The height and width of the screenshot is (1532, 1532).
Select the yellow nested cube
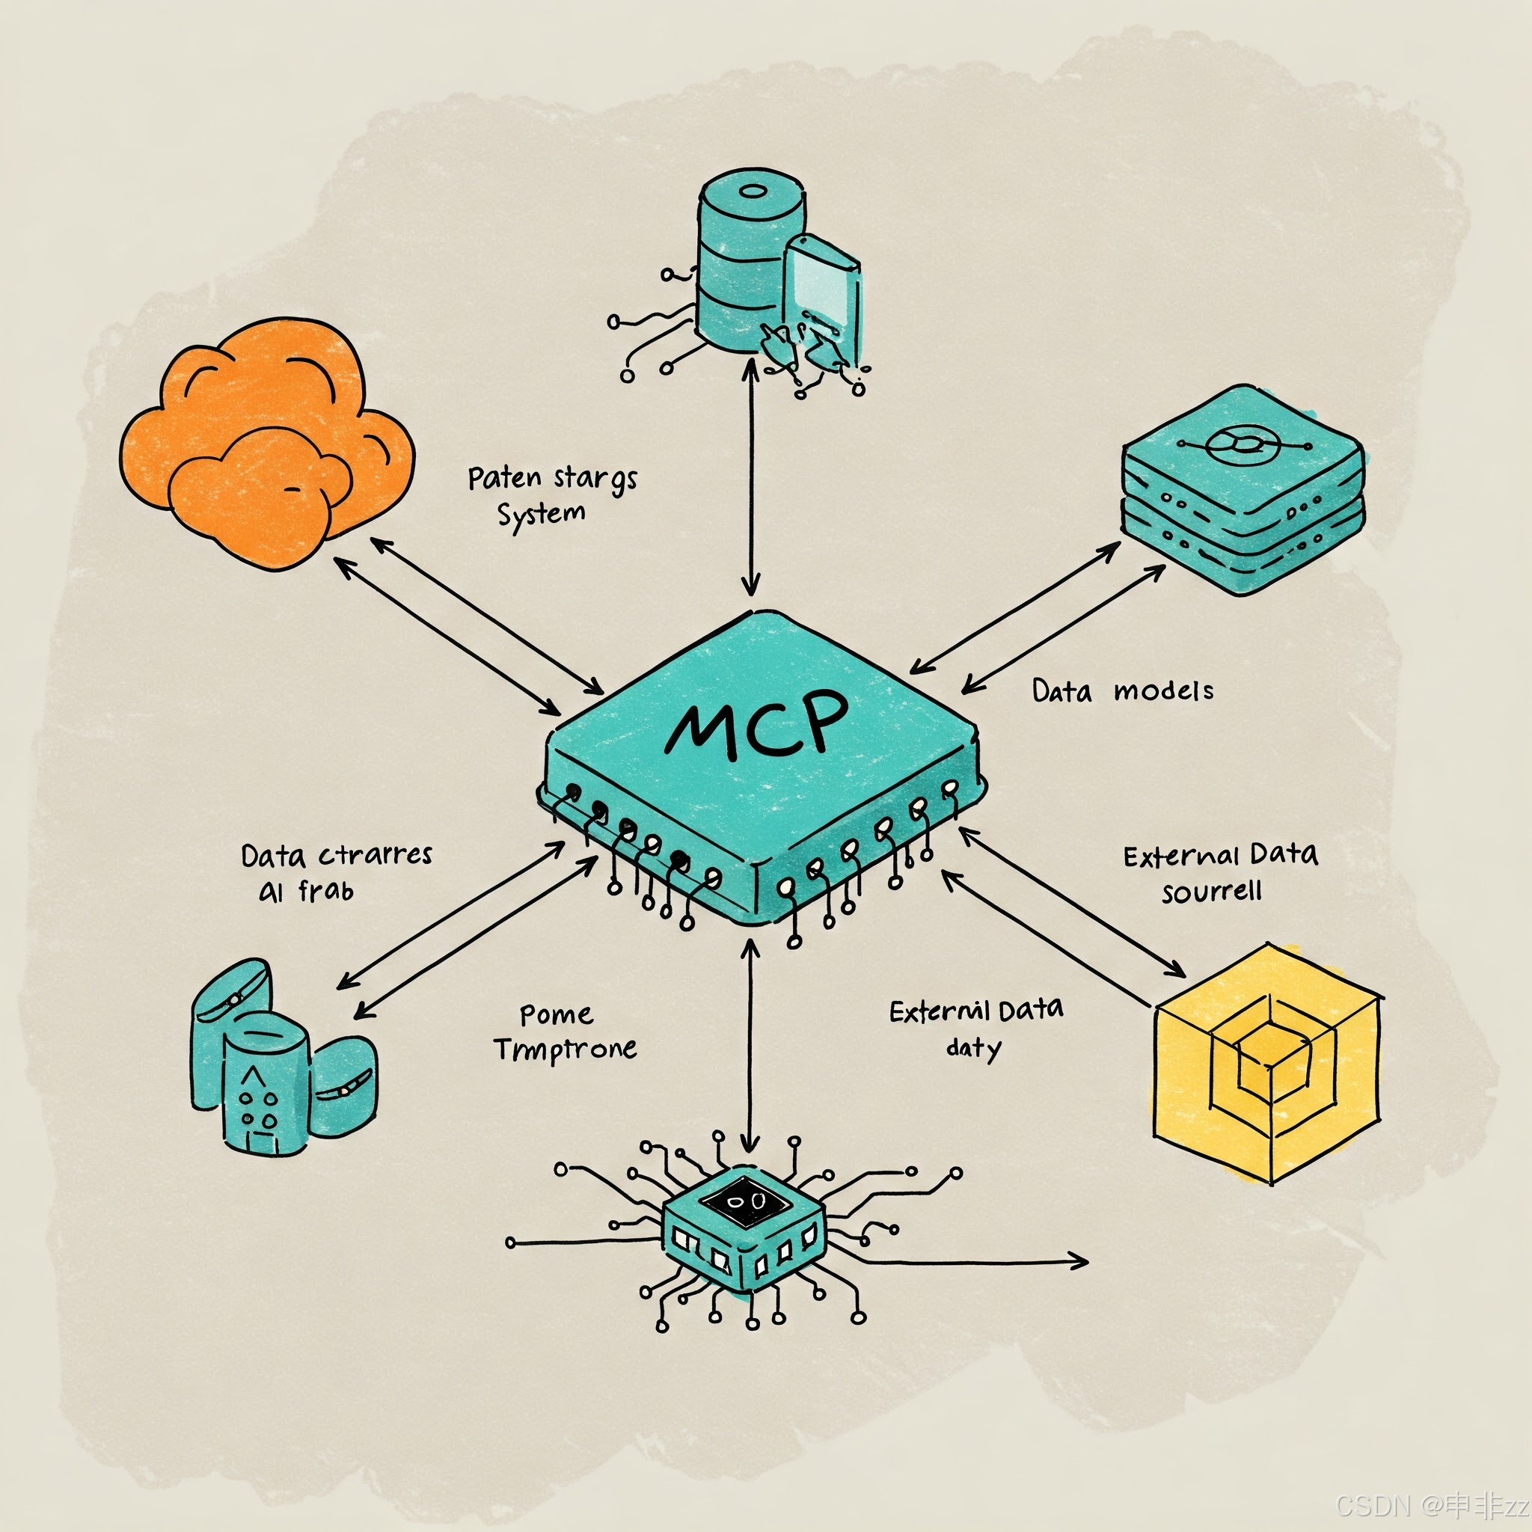1267,1062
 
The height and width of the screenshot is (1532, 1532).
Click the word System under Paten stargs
542,515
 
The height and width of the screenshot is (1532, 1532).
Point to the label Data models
1122,691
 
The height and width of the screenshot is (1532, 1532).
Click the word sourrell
1211,892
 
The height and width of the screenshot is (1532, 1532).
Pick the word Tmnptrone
566,1050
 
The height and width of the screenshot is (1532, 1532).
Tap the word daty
974,1048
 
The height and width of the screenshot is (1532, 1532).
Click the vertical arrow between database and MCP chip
750,476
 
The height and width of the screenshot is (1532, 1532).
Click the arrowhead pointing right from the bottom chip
1080,1260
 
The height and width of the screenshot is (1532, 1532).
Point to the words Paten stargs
552,479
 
